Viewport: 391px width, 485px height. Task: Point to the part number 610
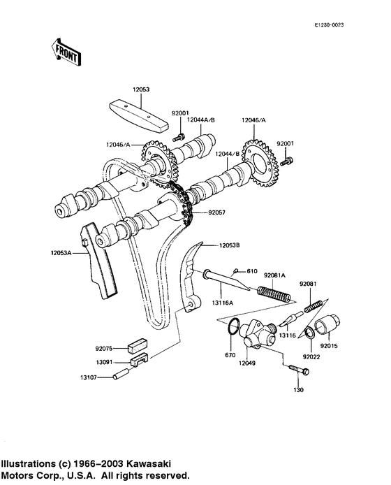[252, 270]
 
